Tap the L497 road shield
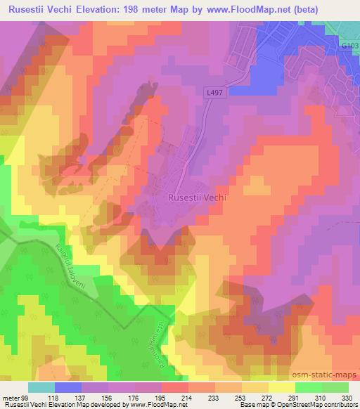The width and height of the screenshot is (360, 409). click(217, 92)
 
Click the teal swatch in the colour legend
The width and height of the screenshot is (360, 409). click(41, 387)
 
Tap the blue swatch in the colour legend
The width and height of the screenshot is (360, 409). click(67, 387)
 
